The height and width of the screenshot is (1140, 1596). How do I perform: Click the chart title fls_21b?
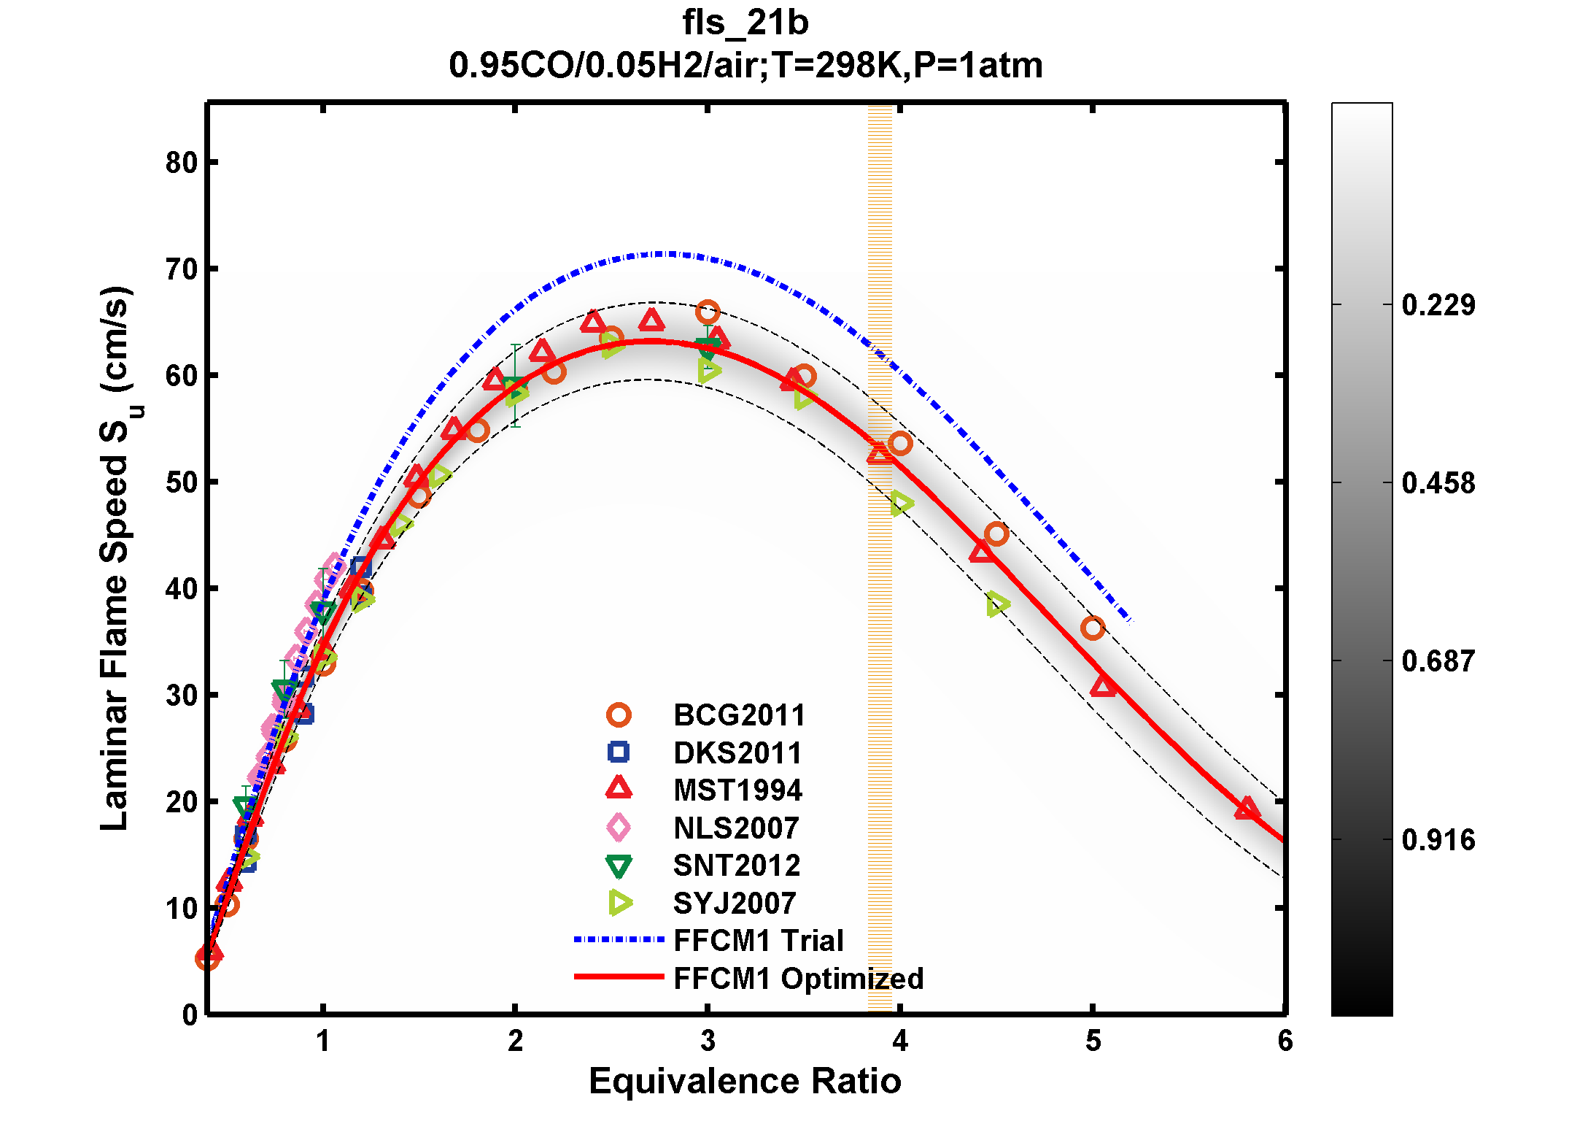(745, 23)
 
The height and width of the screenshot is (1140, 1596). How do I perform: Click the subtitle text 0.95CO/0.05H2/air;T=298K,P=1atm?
(745, 66)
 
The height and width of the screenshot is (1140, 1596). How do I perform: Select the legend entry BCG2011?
(738, 715)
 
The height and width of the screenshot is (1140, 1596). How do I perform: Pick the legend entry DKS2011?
(737, 752)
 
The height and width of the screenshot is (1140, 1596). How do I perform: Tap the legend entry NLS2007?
(735, 828)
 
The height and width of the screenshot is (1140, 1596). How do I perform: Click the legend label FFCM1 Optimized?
(798, 978)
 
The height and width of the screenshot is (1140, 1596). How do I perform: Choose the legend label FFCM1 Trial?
(758, 940)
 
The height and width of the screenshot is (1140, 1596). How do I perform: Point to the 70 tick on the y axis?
(182, 269)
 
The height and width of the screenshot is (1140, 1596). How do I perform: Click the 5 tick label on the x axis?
(1092, 1041)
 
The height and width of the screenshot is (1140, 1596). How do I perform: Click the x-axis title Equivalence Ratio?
(745, 1081)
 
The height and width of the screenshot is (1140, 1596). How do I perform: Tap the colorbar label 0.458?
(1438, 483)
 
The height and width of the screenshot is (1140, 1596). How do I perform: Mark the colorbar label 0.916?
(1438, 840)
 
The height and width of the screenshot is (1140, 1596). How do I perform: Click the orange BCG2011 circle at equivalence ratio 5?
(1092, 628)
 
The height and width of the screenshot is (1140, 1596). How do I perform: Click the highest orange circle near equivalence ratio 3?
(707, 312)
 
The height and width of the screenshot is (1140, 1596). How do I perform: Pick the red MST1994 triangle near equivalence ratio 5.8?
(1247, 809)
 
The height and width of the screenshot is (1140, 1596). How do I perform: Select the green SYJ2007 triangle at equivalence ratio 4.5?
(997, 604)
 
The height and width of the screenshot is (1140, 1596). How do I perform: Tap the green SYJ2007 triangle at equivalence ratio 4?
(901, 504)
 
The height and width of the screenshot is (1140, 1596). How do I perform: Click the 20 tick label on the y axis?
(182, 802)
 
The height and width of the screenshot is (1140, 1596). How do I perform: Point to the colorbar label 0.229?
(1438, 305)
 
